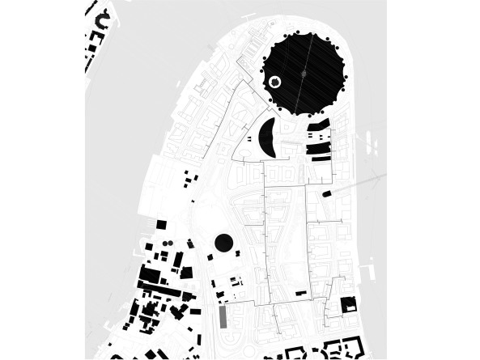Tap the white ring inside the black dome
click(274, 82)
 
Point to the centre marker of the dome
click(304, 74)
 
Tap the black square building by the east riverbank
click(349, 305)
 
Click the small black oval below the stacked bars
click(327, 194)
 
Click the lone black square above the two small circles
click(160, 223)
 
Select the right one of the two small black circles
click(170, 243)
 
